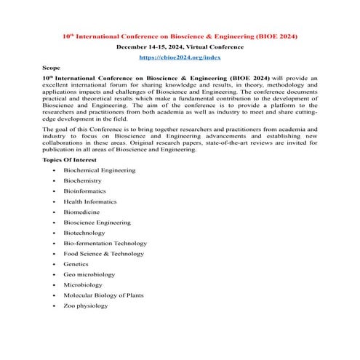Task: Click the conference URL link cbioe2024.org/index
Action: pos(180,56)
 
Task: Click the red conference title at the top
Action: pos(180,36)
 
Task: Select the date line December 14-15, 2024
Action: pos(180,46)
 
